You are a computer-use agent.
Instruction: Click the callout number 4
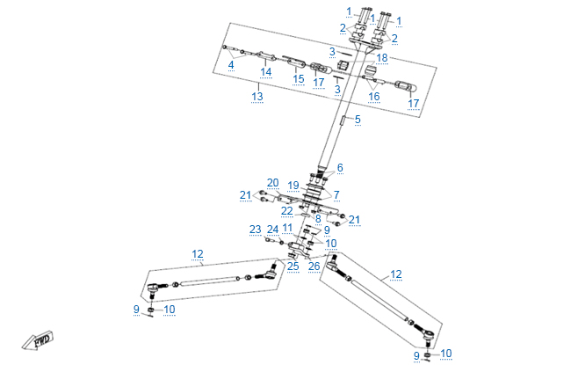coord(231,64)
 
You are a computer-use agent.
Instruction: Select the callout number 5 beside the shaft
coord(358,119)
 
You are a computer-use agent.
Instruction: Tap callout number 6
coord(340,167)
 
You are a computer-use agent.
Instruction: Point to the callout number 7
coord(336,193)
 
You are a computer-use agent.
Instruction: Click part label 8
coord(318,218)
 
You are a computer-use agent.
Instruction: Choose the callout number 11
coord(287,228)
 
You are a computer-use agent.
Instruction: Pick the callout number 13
coord(257,96)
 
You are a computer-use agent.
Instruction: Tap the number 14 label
coord(265,72)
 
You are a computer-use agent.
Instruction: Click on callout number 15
coord(299,78)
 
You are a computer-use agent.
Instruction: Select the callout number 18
coord(381,58)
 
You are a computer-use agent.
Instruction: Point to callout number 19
coord(293,186)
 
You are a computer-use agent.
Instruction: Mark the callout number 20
coord(272,183)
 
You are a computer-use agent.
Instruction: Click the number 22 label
coord(287,211)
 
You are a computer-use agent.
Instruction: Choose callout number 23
coord(255,230)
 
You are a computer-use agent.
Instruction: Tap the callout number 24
coord(272,230)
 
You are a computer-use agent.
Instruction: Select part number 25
coord(293,266)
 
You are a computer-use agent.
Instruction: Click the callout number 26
coord(314,266)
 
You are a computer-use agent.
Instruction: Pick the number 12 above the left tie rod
coord(198,254)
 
